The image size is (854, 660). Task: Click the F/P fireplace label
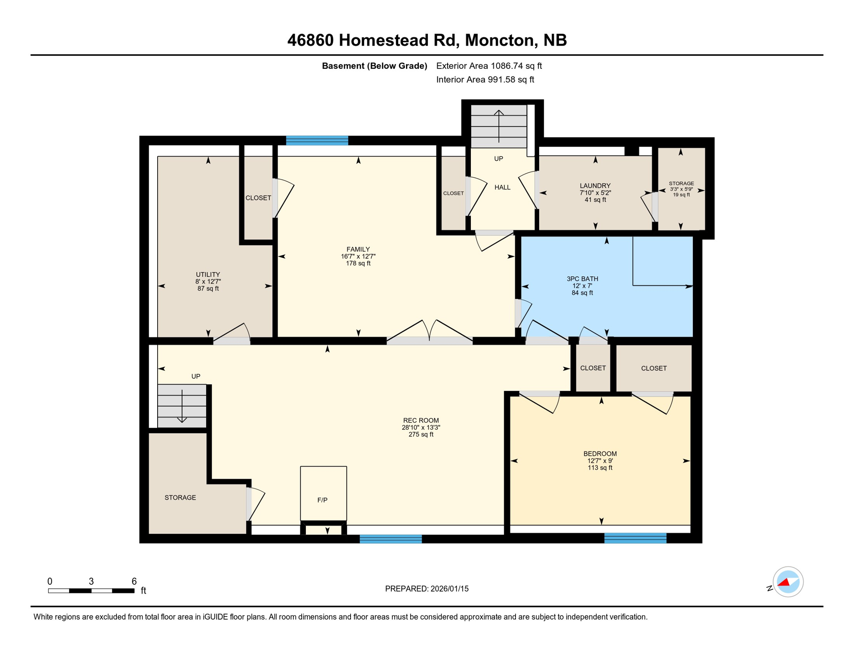click(x=322, y=500)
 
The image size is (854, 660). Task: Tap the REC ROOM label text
click(x=421, y=421)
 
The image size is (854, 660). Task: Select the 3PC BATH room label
click(x=582, y=279)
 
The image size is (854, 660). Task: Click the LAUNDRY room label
click(x=595, y=186)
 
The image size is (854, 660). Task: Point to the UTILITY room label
click(x=208, y=275)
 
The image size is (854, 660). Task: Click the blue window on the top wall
click(x=317, y=141)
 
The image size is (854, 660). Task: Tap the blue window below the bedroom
click(x=635, y=538)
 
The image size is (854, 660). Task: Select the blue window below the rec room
click(x=390, y=539)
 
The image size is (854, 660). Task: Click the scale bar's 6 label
click(x=134, y=581)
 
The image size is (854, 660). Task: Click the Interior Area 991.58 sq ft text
click(x=485, y=79)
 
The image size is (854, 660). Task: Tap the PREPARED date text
click(x=427, y=589)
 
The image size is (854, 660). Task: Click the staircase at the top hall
click(x=498, y=126)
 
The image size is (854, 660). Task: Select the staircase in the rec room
click(x=182, y=406)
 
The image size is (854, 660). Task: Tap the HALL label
click(x=502, y=187)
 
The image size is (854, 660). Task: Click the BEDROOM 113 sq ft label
click(x=600, y=460)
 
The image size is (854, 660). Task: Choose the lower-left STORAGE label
click(x=180, y=498)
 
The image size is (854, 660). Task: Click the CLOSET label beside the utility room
click(x=258, y=198)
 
